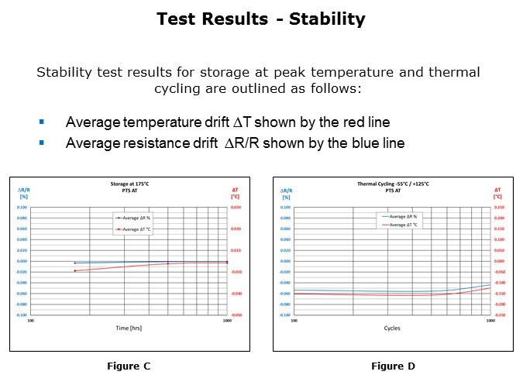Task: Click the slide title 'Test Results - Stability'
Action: tap(260, 19)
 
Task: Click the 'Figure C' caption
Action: tap(129, 366)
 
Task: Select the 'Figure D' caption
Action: tap(393, 366)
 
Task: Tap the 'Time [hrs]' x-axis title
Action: tap(129, 328)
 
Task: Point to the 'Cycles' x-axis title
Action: tap(392, 328)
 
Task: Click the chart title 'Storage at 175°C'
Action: tap(129, 184)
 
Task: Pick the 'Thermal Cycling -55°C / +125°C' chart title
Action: tap(393, 184)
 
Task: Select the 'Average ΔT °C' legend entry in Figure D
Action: tap(404, 225)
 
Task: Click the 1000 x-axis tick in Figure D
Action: tap(490, 320)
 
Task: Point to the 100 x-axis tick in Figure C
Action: tap(30, 320)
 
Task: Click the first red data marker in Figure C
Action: tap(74, 270)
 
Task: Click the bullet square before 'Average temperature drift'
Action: tap(42, 122)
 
